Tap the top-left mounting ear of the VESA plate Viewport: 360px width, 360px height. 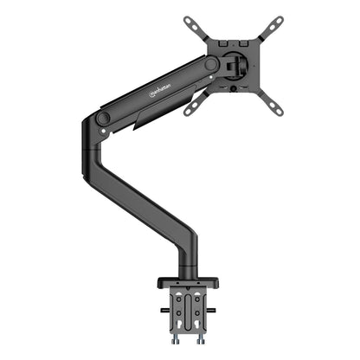(x=192, y=21)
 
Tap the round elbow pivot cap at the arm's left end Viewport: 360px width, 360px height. (x=103, y=116)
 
